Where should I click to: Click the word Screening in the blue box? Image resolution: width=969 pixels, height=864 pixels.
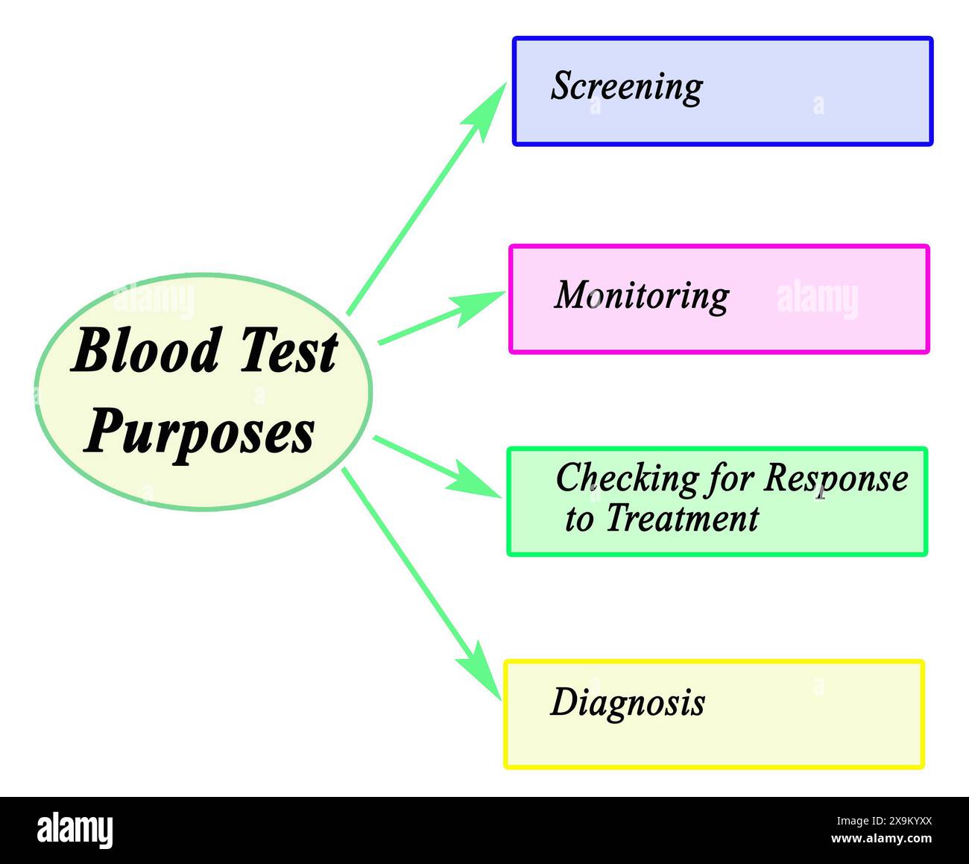[x=626, y=86]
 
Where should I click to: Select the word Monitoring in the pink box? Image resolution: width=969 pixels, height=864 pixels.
[x=641, y=295]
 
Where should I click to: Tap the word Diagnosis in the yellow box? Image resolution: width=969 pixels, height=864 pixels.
[x=627, y=702]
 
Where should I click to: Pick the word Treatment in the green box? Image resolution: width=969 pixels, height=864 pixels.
[x=681, y=519]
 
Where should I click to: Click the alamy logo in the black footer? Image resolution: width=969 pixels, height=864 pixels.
[x=75, y=830]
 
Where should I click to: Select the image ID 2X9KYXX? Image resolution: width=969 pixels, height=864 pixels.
[x=882, y=822]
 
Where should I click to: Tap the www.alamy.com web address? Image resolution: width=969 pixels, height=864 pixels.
[x=881, y=839]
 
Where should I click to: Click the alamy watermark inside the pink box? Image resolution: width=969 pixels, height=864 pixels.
[x=817, y=298]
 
